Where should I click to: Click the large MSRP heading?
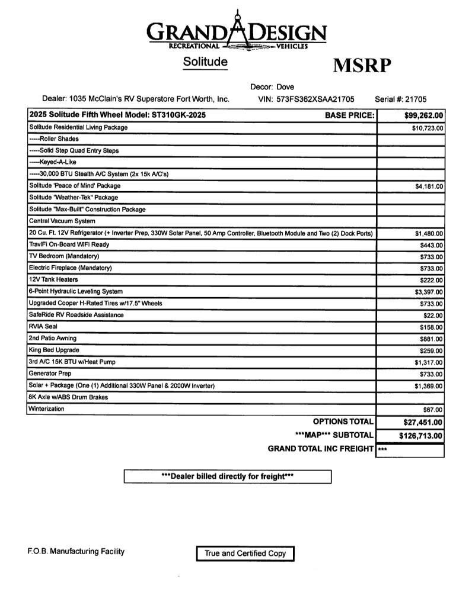coord(363,65)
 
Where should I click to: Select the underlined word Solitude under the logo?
coord(205,61)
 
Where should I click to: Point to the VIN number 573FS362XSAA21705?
coord(315,99)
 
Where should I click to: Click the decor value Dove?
coord(285,87)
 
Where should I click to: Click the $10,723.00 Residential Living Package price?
coord(428,128)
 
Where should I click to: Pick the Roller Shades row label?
coord(54,139)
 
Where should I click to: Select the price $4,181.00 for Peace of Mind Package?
coord(429,186)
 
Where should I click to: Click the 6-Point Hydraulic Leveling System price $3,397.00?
coord(429,292)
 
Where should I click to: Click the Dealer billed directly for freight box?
coord(227,477)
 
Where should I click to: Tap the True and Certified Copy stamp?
coord(245,553)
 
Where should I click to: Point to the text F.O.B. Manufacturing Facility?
coord(76,552)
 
